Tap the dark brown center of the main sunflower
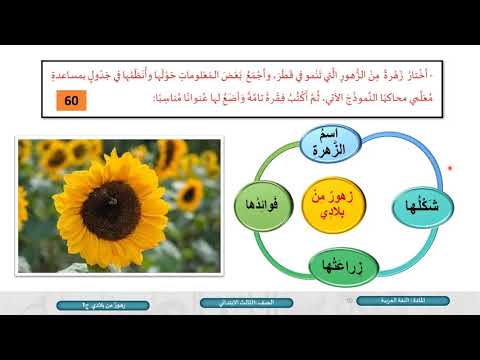111,207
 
